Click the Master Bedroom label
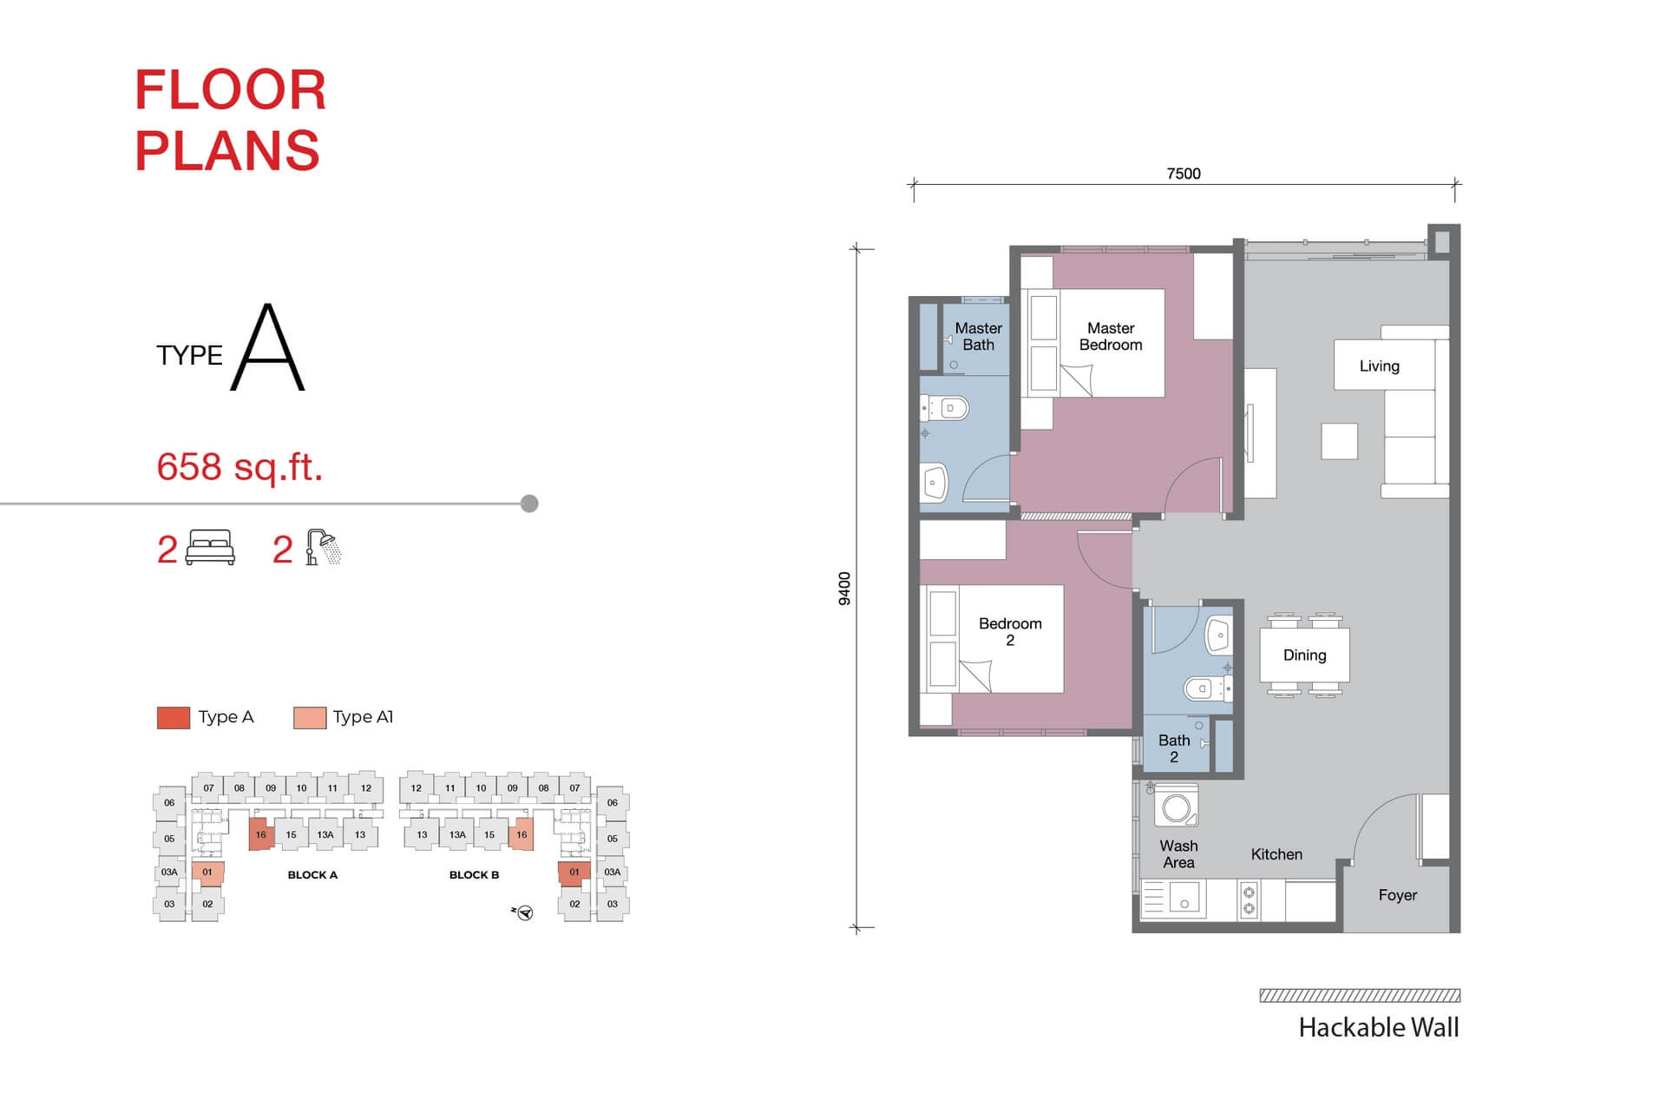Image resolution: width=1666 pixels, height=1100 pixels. [x=1111, y=337]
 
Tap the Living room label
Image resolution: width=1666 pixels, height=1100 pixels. [x=1379, y=366]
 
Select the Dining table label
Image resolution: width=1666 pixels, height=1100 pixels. [x=1304, y=655]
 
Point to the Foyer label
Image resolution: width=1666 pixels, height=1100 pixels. [x=1397, y=895]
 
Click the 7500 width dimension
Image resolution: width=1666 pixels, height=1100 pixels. [x=1184, y=174]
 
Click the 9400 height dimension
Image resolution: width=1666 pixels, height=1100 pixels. [x=844, y=589]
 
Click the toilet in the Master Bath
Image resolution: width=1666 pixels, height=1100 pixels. [x=946, y=408]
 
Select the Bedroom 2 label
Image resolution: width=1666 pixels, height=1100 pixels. [x=1010, y=632]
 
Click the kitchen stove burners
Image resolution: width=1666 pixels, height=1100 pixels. [x=1249, y=900]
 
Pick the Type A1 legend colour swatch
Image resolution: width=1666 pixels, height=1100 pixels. [x=310, y=718]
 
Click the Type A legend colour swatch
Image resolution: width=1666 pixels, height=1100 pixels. [x=174, y=718]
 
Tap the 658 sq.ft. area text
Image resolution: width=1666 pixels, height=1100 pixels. [x=239, y=467]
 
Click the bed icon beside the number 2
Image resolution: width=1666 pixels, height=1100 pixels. [x=211, y=548]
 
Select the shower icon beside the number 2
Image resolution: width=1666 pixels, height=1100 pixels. [x=323, y=548]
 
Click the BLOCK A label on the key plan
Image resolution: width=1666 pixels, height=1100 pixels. [x=312, y=875]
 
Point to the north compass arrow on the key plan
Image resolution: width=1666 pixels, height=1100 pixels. [x=522, y=912]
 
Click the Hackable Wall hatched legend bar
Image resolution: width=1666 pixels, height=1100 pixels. [x=1360, y=996]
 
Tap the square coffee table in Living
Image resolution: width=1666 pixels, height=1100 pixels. [x=1339, y=441]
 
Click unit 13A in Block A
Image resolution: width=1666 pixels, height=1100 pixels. [x=325, y=835]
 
